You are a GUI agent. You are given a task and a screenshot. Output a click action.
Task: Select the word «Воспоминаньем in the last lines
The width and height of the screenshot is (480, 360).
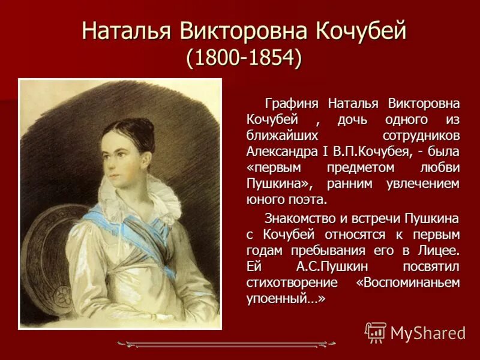(408, 282)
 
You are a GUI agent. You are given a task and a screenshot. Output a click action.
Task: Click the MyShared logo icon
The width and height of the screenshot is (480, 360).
(376, 332)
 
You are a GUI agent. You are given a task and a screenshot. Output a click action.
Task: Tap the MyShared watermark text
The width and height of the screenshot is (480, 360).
(428, 332)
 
